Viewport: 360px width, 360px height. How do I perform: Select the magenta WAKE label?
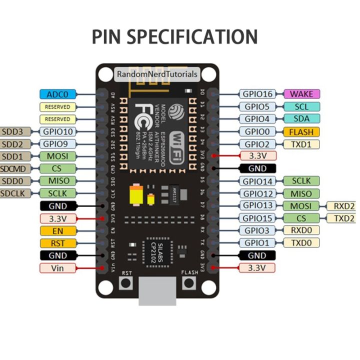point(301,93)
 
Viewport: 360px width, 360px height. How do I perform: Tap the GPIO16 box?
point(256,93)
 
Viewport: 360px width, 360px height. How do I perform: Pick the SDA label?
point(301,119)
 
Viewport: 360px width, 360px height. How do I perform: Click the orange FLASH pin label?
point(301,132)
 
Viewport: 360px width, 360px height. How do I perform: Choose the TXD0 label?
point(301,243)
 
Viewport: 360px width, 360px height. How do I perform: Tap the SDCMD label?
point(14,168)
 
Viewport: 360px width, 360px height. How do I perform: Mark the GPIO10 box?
point(57,131)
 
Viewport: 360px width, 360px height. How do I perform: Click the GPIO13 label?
point(256,205)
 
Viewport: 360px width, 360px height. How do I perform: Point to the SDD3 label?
point(13,131)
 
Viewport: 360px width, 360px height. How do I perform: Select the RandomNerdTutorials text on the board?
point(157,74)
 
